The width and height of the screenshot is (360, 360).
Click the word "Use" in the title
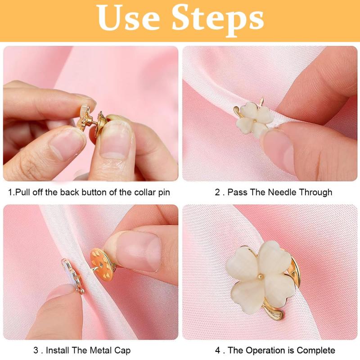[x=128, y=18]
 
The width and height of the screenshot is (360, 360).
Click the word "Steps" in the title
[x=218, y=20]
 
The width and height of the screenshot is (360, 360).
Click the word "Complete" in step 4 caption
[x=316, y=351]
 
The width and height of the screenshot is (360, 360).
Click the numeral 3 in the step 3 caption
[x=36, y=351]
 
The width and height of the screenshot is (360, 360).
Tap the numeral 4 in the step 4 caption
[x=218, y=351]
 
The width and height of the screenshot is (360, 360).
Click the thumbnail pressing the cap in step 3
[x=138, y=250]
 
